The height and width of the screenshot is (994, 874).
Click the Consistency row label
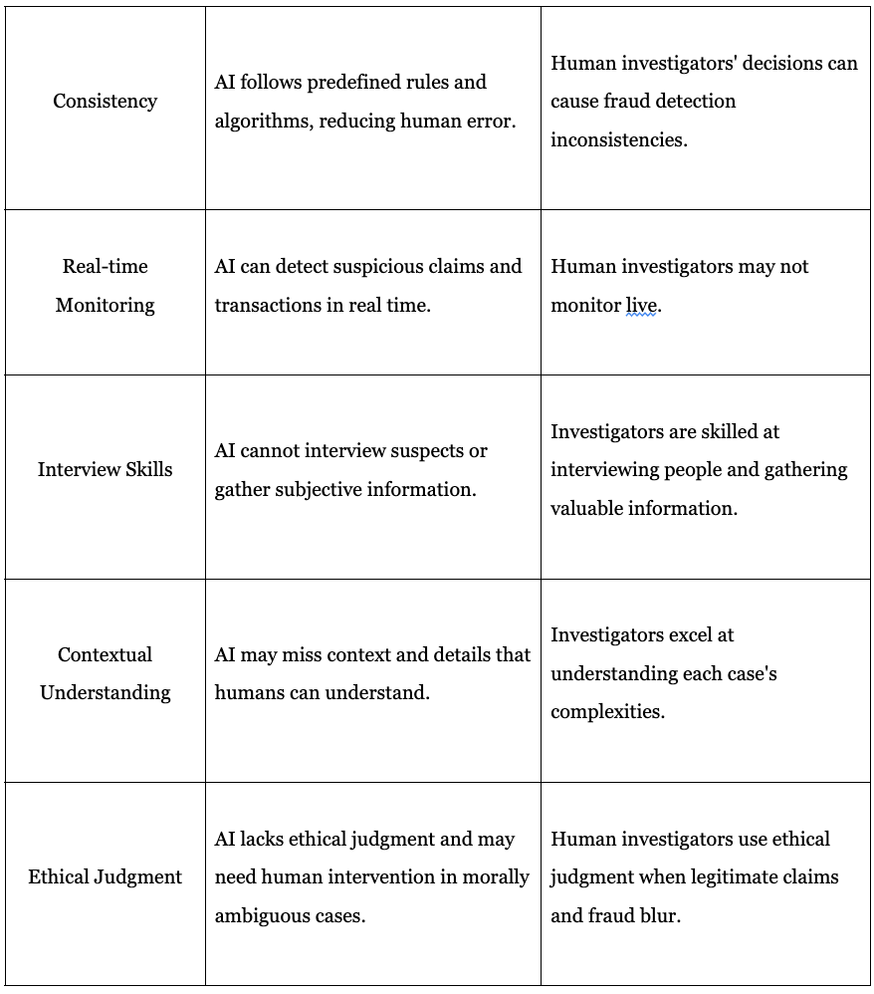tap(105, 101)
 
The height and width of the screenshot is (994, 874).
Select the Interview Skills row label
tap(105, 469)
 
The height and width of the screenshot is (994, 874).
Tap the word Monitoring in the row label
tap(105, 305)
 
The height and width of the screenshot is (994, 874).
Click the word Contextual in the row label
tap(105, 654)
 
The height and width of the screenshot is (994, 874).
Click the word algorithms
tap(260, 121)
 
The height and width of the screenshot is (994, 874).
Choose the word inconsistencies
tap(618, 139)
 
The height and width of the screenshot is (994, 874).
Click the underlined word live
tap(642, 305)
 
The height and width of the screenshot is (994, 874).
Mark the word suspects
tap(424, 450)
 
